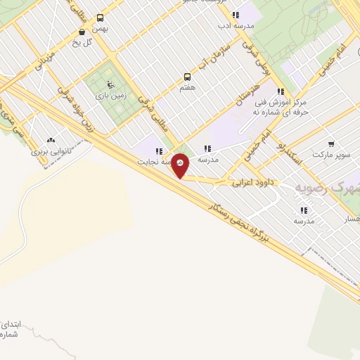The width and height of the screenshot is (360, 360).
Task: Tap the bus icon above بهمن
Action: [x=100, y=18]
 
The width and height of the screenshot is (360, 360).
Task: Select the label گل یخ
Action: [x=82, y=41]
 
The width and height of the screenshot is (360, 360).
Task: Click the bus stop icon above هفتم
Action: [x=187, y=76]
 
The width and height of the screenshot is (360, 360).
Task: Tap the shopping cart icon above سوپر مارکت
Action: [x=331, y=143]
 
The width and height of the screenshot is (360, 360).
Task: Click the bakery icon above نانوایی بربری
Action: [x=50, y=140]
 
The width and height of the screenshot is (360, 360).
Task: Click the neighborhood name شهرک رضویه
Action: [x=326, y=188]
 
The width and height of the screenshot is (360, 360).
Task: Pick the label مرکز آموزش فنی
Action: [x=282, y=102]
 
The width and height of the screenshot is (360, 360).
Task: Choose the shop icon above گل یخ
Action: [x=82, y=32]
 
